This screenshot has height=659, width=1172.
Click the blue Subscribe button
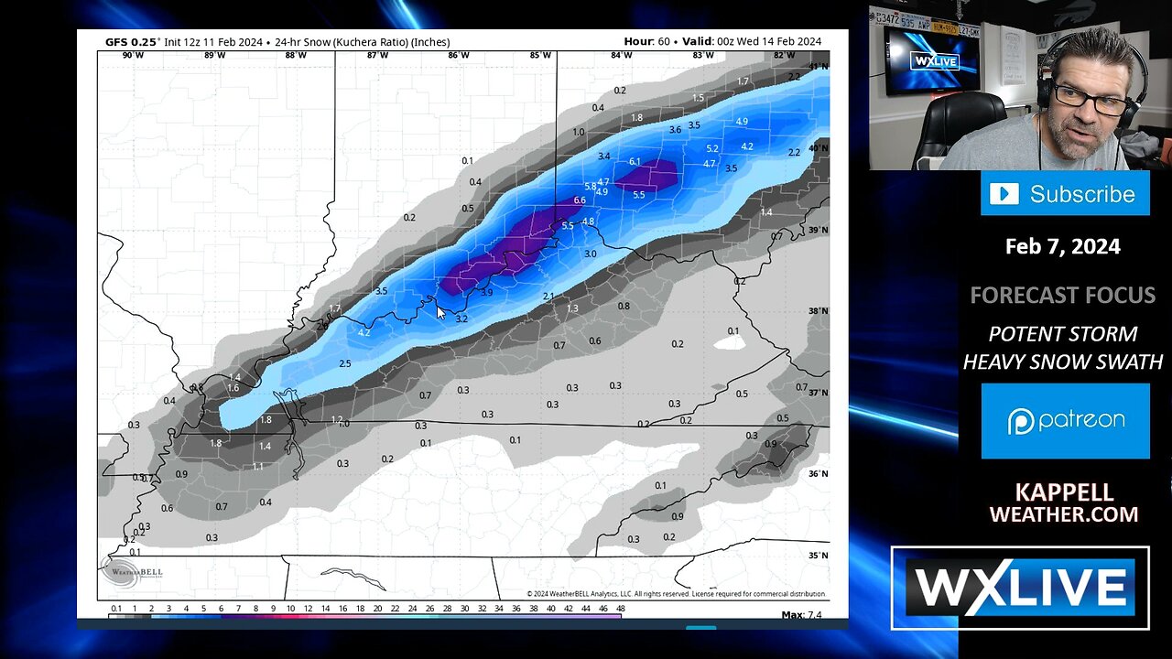coord(1064,194)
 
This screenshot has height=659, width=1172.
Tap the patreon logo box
coord(1065,421)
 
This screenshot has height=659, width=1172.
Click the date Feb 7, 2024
coord(1062,246)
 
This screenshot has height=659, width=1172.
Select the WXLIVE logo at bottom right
coord(1020,588)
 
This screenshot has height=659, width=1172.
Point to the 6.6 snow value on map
coord(580,200)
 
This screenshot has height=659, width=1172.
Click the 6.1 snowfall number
coord(635,162)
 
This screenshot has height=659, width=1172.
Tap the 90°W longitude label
coord(134,55)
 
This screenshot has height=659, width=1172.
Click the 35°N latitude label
coord(818,556)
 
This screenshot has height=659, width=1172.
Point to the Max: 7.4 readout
coord(801,614)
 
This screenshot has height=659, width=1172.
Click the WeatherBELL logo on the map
coord(120,571)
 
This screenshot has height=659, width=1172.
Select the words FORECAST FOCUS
coord(1062,296)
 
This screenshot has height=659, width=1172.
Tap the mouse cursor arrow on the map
coord(439,312)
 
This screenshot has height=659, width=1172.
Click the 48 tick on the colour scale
coord(620,609)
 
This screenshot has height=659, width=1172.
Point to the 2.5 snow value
coord(344,363)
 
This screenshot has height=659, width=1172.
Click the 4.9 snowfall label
coord(742,122)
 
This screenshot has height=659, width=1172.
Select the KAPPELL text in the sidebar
coord(1064,493)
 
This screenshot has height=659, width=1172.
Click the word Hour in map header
coord(638,41)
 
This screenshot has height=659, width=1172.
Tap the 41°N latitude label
coord(818,67)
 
